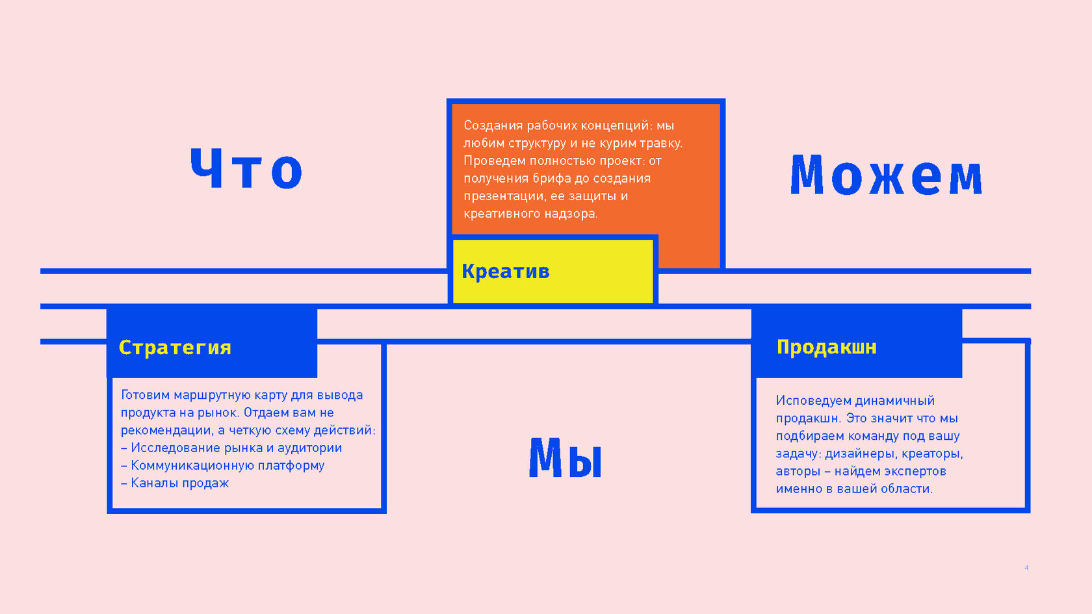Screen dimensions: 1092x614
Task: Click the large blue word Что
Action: point(246,169)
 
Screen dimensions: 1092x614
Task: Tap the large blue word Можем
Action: point(886,175)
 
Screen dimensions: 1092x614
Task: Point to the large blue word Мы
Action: point(565,458)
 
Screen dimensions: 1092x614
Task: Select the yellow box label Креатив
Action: point(506,272)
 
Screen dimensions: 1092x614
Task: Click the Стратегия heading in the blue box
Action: point(175,348)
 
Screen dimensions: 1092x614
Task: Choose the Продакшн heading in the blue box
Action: point(826,347)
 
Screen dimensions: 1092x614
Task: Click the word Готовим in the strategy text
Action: point(145,395)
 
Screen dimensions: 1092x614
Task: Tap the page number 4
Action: point(1026,568)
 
